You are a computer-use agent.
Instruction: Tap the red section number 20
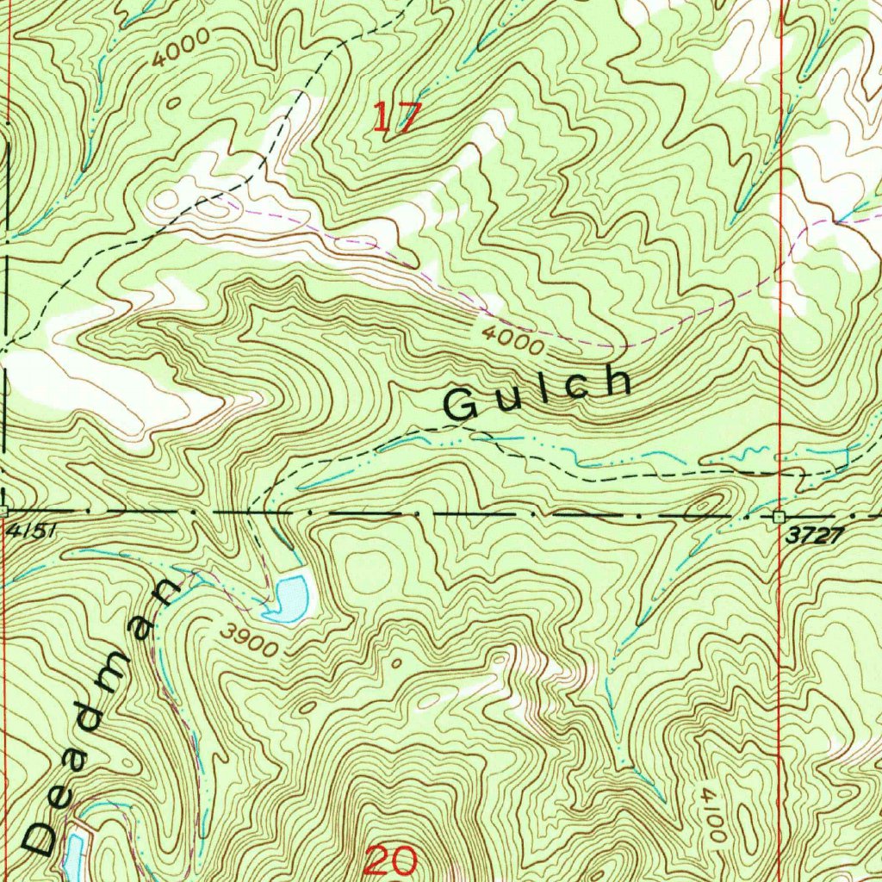(391, 860)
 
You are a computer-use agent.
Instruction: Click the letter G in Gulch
(462, 406)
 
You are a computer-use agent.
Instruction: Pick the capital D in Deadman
(39, 837)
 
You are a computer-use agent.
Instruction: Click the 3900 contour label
(248, 642)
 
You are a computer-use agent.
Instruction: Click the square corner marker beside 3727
(780, 516)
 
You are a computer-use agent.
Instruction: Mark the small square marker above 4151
(3, 512)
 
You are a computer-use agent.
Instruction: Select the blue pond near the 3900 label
(287, 598)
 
